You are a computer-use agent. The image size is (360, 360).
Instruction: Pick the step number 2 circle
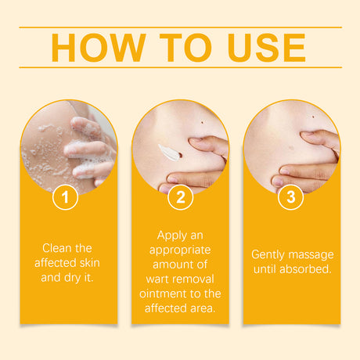[180, 197]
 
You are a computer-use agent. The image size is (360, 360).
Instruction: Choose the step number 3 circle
[291, 197]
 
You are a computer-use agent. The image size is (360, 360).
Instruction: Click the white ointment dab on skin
[168, 151]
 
